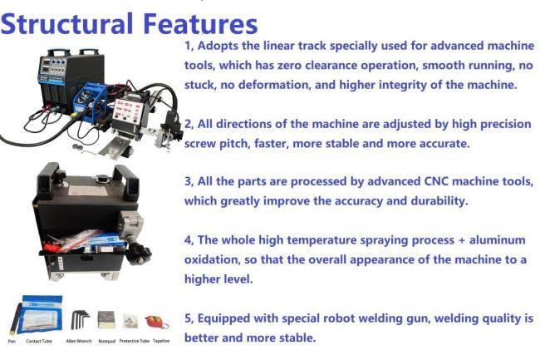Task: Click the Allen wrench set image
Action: pos(81,319)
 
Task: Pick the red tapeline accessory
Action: pos(155,321)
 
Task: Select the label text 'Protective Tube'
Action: pos(131,342)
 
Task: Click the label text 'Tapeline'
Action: pos(161,342)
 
